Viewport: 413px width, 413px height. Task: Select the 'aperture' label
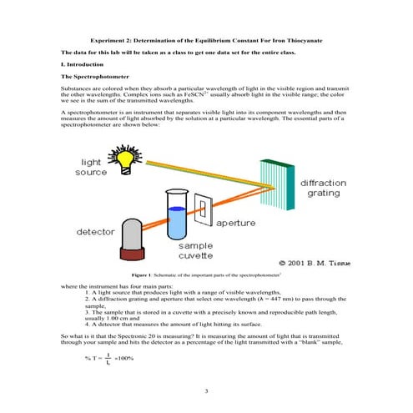click(235, 223)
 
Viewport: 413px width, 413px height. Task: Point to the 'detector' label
click(96, 231)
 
